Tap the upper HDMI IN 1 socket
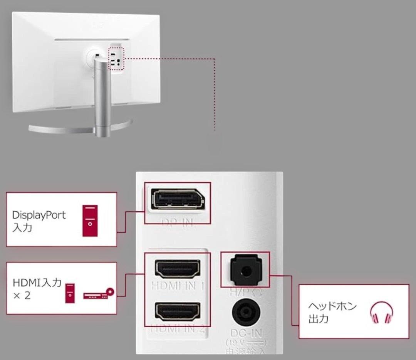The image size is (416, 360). [178, 269]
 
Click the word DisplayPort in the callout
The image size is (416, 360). [39, 215]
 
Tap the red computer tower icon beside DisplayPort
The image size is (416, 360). [90, 220]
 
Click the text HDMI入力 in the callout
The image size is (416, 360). [37, 283]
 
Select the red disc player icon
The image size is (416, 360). [99, 294]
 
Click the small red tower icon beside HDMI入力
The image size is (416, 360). [70, 293]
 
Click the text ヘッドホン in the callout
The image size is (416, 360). [332, 307]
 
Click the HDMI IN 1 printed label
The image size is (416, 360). [178, 286]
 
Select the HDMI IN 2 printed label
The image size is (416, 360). [178, 329]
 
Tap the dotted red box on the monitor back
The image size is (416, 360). [117, 59]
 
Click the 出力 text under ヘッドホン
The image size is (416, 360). [318, 319]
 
